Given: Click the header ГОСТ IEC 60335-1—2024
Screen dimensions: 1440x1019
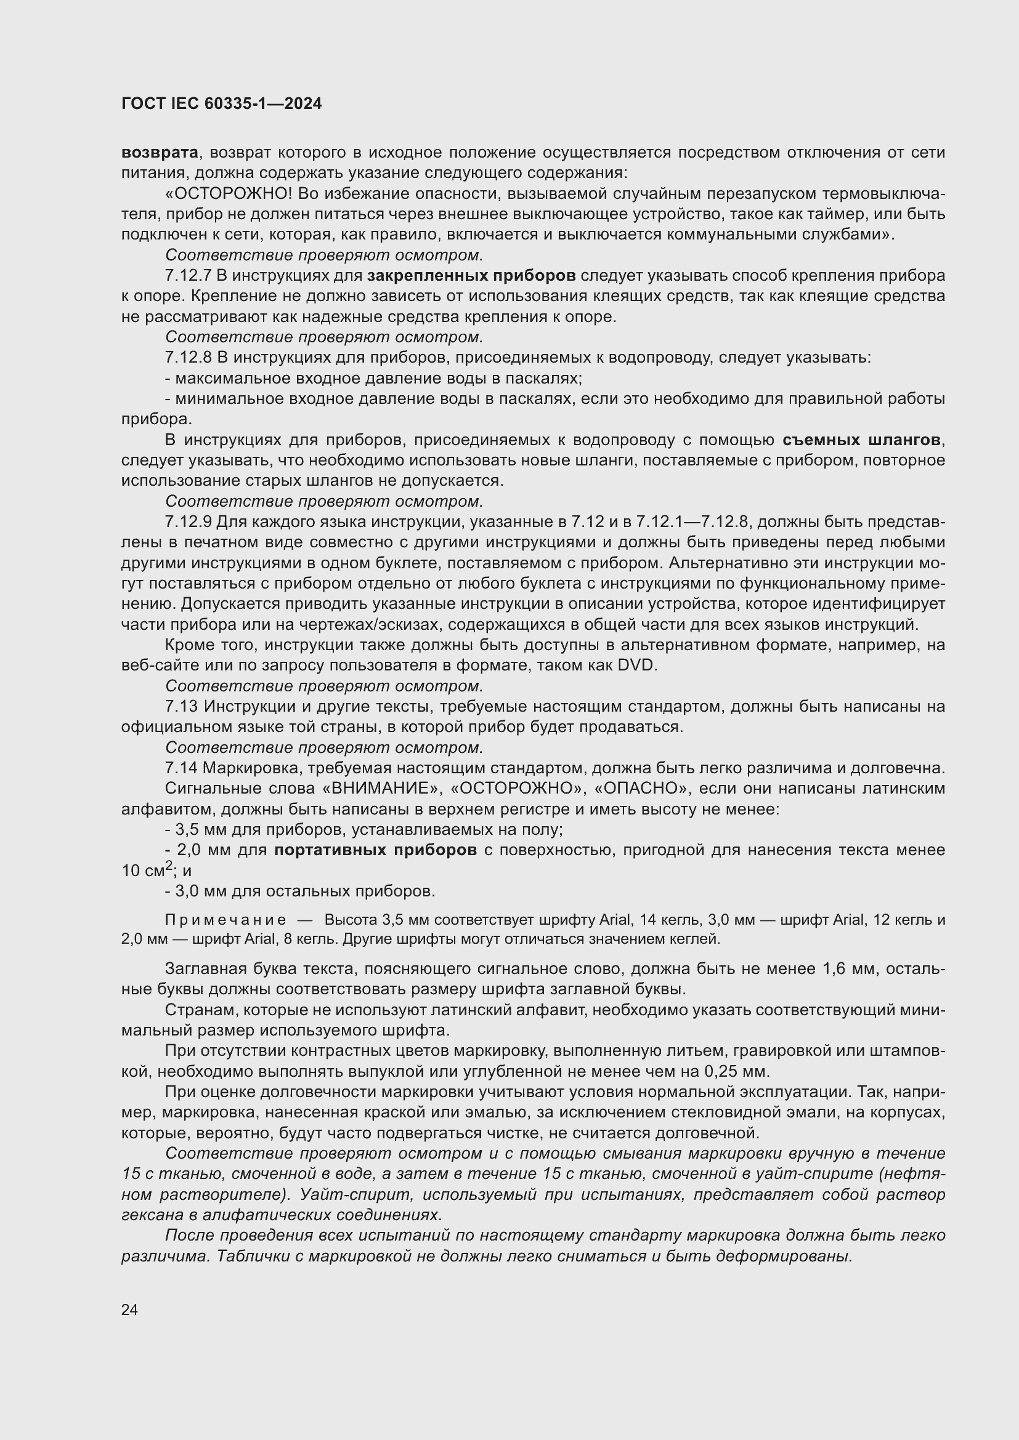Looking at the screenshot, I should (x=222, y=104).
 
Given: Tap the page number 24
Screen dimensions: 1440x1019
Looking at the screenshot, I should (x=129, y=1310).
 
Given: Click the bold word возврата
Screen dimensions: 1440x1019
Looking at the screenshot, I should (x=160, y=153).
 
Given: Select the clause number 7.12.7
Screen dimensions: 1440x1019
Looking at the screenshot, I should (x=189, y=275).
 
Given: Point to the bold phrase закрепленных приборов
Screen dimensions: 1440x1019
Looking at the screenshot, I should (x=471, y=275).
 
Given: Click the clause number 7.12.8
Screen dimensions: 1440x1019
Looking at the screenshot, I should (x=189, y=358).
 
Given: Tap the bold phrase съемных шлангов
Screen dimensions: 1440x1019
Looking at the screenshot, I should (x=861, y=440).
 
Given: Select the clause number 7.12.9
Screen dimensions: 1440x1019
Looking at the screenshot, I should (x=189, y=522).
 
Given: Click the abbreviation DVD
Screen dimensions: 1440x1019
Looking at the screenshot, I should (x=637, y=666).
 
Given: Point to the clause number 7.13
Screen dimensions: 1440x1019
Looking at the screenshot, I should (x=181, y=706).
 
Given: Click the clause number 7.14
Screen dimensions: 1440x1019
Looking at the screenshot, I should (x=181, y=768).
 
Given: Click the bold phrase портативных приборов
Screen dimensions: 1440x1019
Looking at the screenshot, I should (x=375, y=850).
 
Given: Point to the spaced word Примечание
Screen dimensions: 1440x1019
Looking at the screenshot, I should (x=225, y=920).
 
